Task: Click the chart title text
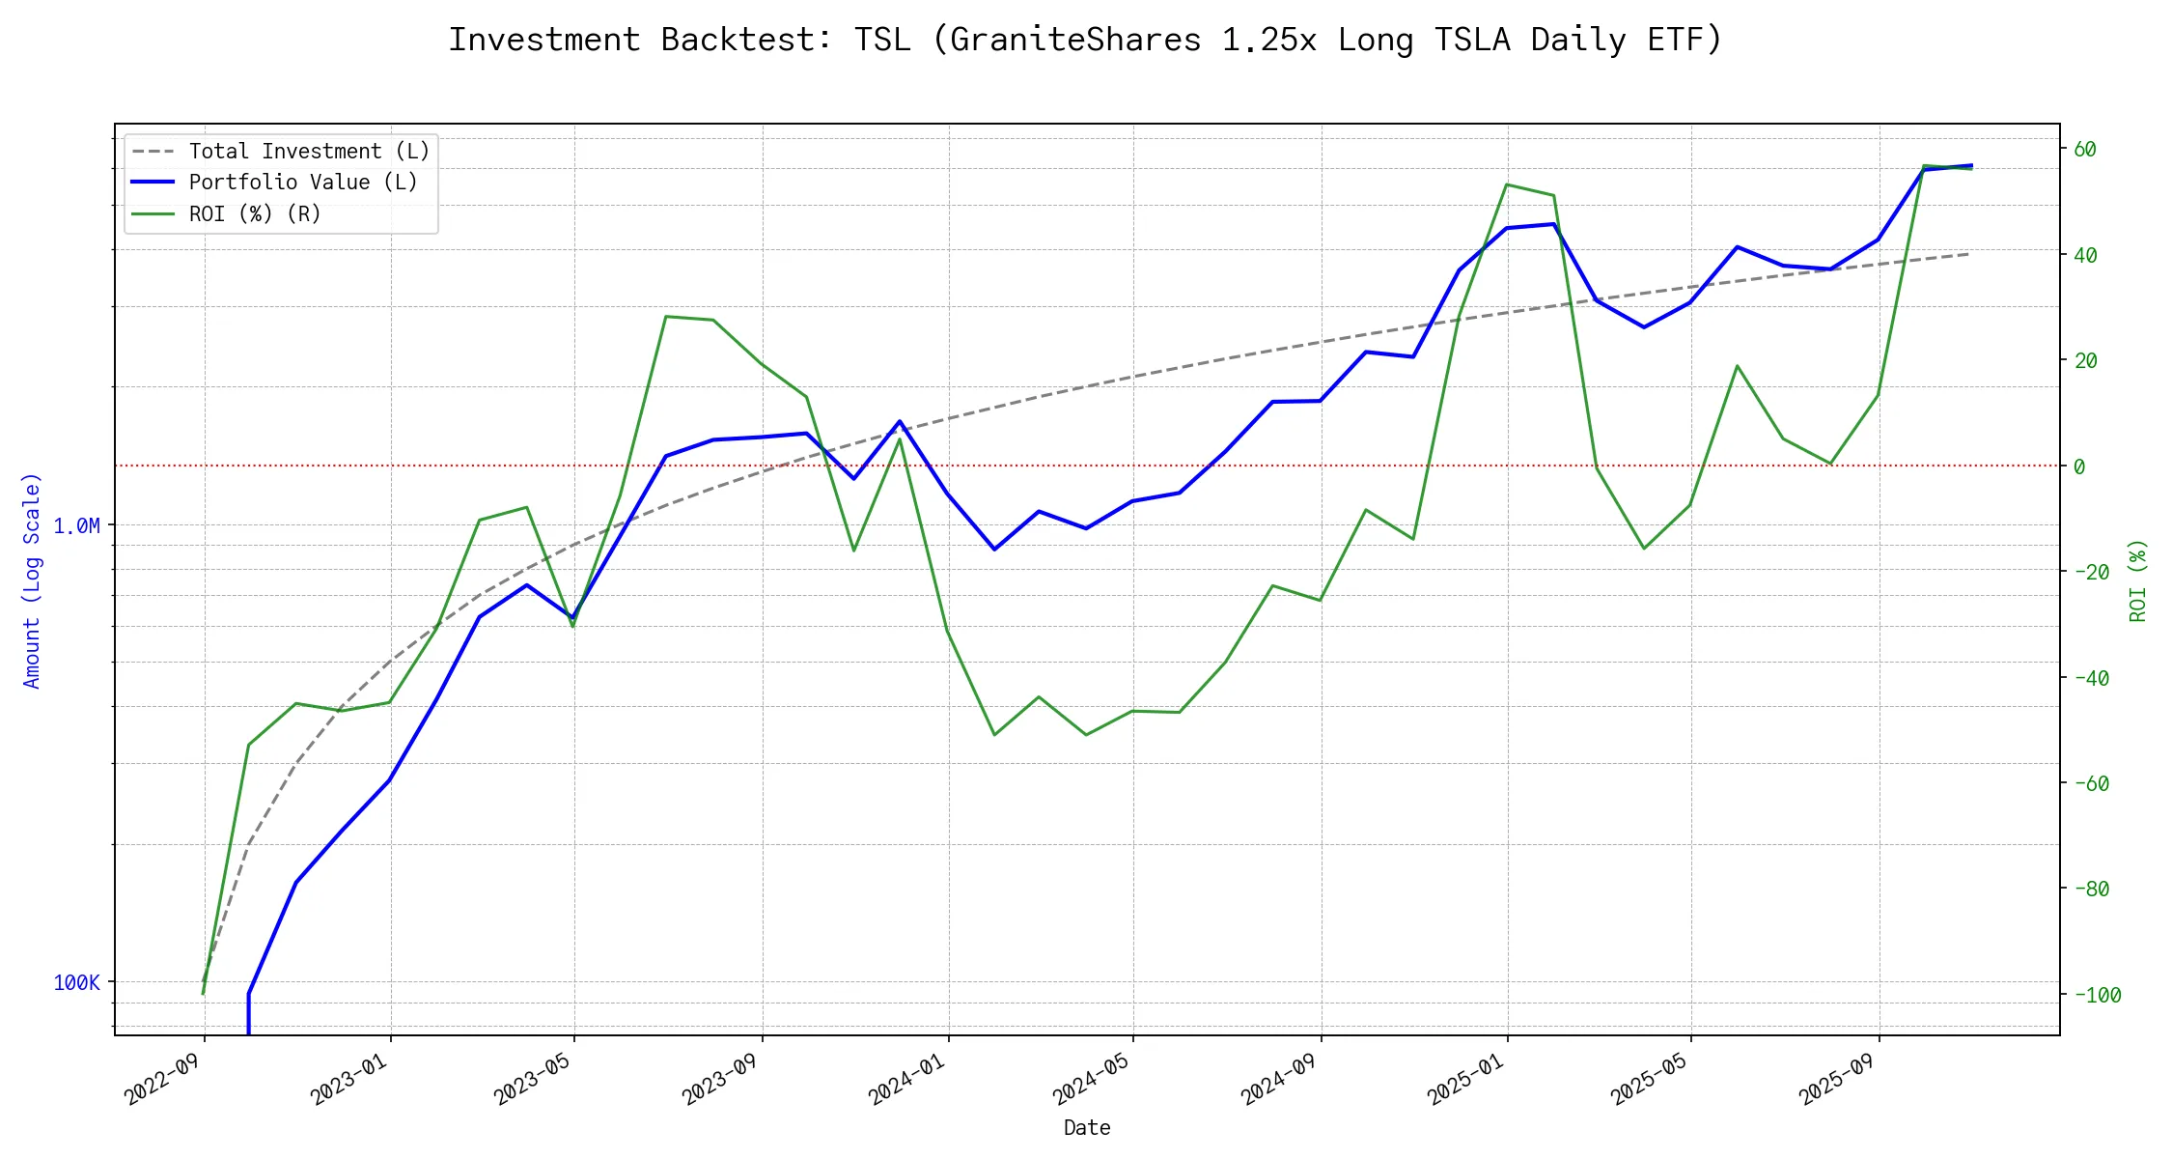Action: coord(1085,40)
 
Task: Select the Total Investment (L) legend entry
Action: coord(309,152)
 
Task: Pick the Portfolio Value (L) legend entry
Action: coord(302,183)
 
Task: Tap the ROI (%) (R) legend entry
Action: coord(255,213)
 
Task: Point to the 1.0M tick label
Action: coord(76,526)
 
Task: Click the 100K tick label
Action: coord(76,983)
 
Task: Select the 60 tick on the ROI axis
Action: coord(2085,150)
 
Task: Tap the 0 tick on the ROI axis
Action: coord(2079,466)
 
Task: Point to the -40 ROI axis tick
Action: coord(2091,678)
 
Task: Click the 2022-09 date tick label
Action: coord(162,1079)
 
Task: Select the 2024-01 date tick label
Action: coord(906,1079)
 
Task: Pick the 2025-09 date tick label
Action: coord(1836,1079)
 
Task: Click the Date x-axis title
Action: coord(1087,1128)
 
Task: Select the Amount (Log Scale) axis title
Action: coord(32,579)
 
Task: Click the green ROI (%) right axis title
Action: coord(2137,579)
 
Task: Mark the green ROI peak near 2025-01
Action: coord(1507,184)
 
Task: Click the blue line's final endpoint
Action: coord(1970,165)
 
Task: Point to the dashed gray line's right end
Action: coord(1969,254)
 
